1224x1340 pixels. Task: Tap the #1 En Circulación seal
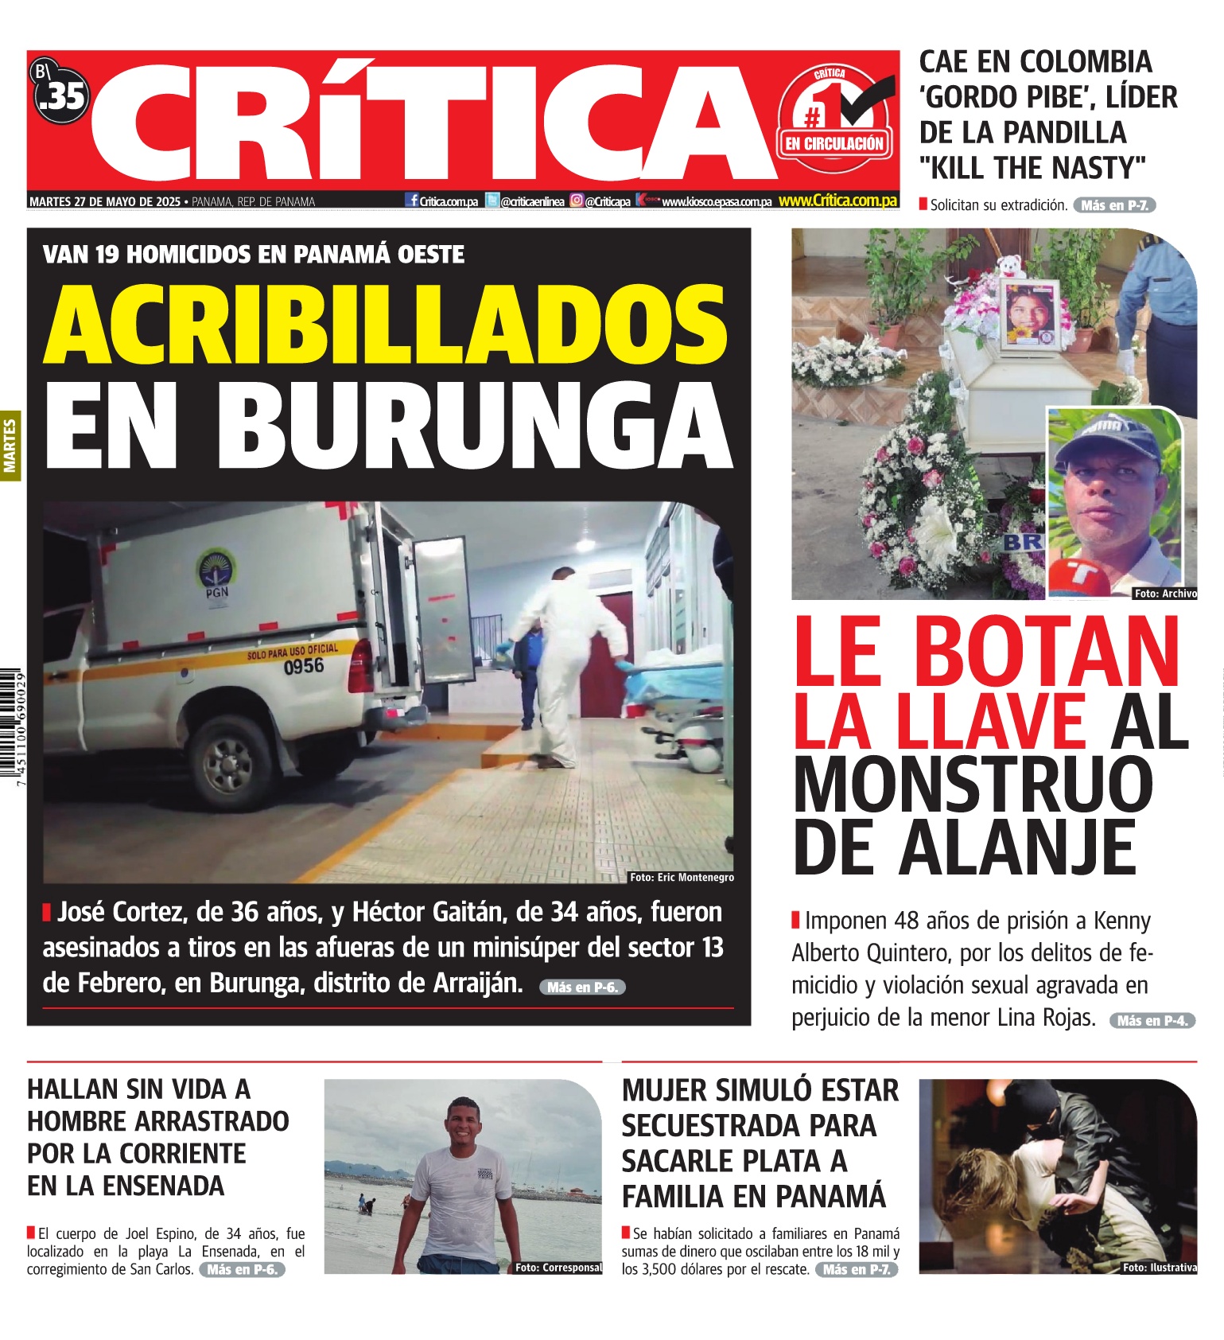835,119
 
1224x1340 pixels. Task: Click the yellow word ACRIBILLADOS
386,325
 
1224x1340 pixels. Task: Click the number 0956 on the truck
304,666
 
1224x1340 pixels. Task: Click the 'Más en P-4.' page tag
1152,1021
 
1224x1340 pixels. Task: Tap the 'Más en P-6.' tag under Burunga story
582,987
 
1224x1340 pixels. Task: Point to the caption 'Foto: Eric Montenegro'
682,877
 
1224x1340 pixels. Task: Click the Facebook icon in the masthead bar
412,201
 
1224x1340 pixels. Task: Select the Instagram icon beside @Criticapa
577,201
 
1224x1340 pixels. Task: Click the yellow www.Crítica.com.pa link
837,201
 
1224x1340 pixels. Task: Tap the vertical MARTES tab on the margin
10,446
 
